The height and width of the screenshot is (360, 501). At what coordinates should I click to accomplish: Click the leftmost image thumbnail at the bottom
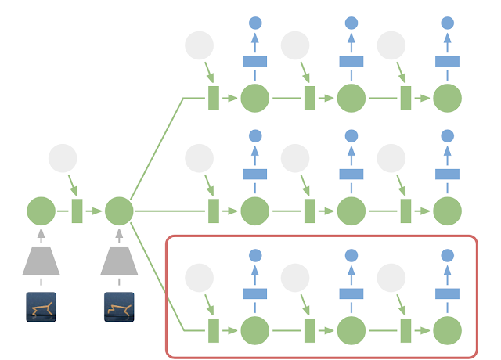41,307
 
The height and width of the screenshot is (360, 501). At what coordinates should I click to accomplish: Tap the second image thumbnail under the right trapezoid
119,307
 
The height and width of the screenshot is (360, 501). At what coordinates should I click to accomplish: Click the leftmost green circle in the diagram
41,211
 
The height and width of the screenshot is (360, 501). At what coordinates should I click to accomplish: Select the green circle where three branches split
119,211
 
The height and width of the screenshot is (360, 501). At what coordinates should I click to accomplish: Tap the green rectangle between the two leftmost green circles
77,211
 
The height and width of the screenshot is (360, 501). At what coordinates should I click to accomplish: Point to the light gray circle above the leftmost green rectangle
63,158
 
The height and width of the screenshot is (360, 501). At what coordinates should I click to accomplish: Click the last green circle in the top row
448,99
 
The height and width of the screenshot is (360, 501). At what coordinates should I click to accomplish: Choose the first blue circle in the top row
254,23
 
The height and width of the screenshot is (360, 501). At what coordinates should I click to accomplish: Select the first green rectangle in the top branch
213,99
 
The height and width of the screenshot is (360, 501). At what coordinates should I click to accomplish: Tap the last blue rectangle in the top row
448,61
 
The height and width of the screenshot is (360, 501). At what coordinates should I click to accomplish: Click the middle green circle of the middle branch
351,211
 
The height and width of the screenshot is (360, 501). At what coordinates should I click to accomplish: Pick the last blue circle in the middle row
448,136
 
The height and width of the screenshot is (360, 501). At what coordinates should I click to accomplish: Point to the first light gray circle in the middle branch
199,158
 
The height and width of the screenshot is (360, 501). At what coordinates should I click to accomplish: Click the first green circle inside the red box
254,330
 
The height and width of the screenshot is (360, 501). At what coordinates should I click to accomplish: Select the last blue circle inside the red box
448,255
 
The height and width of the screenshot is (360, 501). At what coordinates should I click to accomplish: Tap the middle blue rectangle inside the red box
351,293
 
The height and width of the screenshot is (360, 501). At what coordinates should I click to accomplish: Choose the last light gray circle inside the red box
391,277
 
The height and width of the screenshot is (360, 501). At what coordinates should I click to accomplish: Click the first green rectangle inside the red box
213,330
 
